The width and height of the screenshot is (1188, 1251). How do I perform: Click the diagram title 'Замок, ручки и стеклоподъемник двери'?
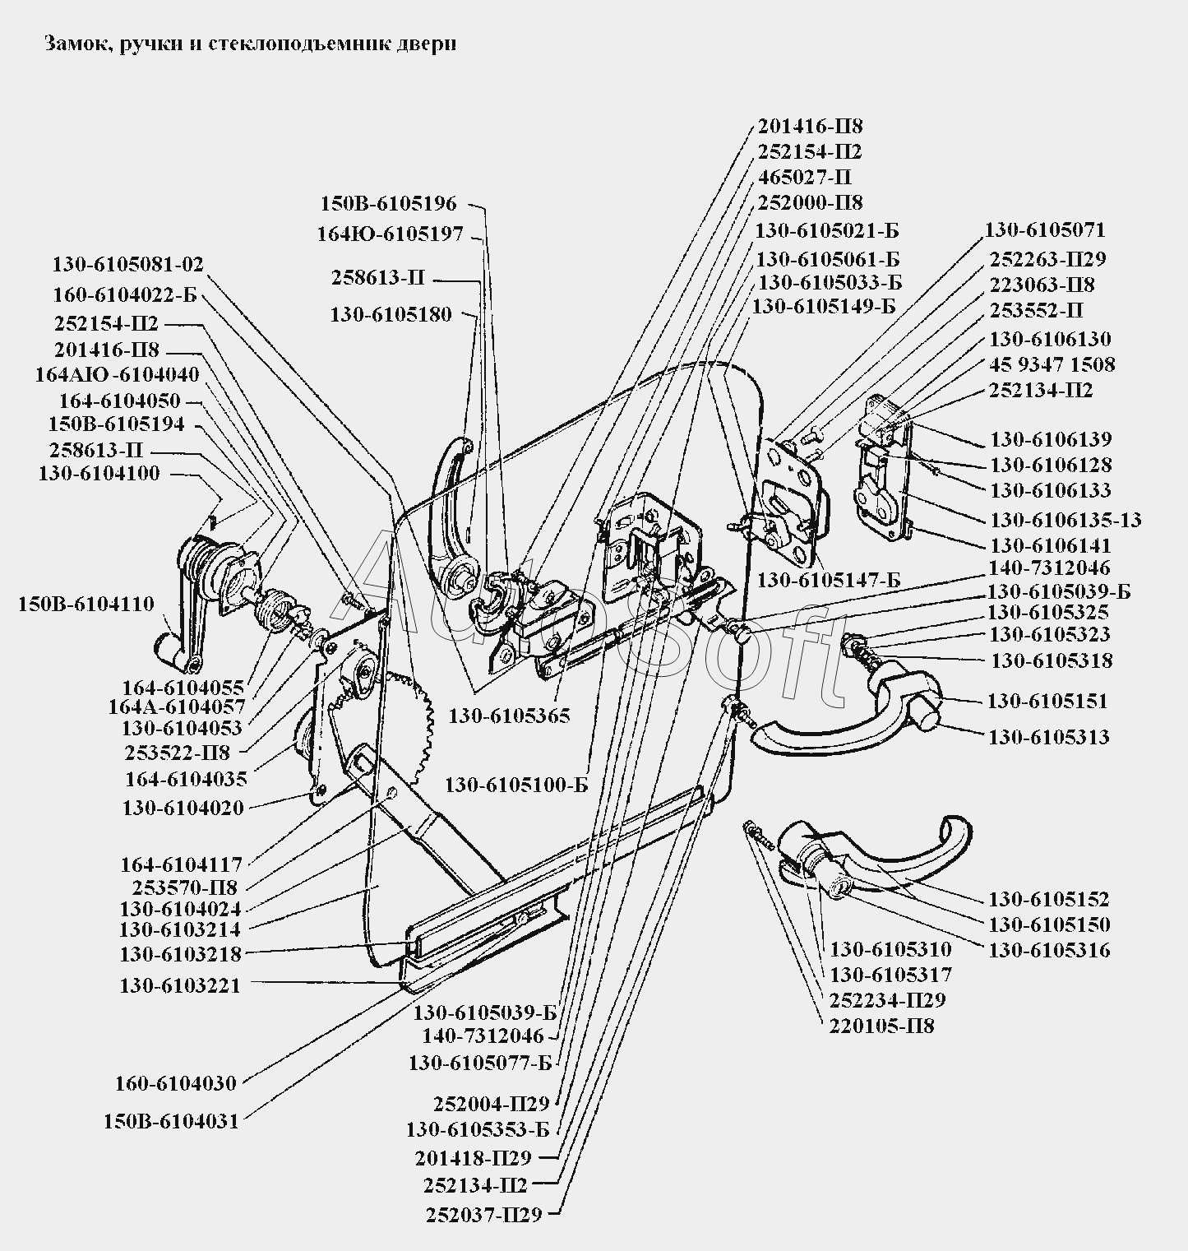click(249, 44)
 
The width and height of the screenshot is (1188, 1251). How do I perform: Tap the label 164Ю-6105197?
click(391, 234)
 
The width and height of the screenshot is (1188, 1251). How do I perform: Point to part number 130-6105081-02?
click(127, 265)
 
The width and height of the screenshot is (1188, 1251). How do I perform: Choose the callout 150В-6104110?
click(86, 605)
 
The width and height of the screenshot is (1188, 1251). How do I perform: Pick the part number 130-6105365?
click(509, 716)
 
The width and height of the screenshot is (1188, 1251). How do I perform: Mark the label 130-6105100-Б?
click(517, 785)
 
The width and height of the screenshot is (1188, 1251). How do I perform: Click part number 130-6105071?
click(1046, 230)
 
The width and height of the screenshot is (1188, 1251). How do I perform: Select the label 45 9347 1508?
click(1052, 364)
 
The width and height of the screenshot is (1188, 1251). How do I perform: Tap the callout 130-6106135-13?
click(1066, 521)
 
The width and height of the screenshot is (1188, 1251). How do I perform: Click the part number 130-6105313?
click(1049, 737)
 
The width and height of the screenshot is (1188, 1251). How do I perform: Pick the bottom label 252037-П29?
click(484, 1214)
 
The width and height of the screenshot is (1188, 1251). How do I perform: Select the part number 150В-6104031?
click(171, 1121)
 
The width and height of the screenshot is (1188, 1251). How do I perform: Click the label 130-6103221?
click(180, 985)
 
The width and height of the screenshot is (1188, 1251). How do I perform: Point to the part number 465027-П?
click(793, 178)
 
